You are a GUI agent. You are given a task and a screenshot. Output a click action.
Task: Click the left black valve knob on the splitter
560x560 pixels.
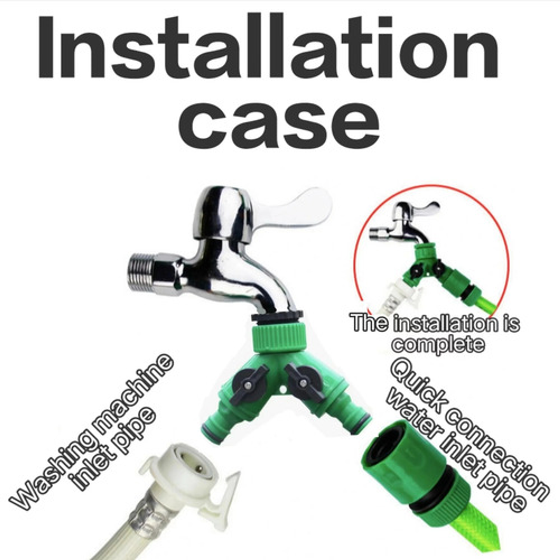point(249,383)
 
